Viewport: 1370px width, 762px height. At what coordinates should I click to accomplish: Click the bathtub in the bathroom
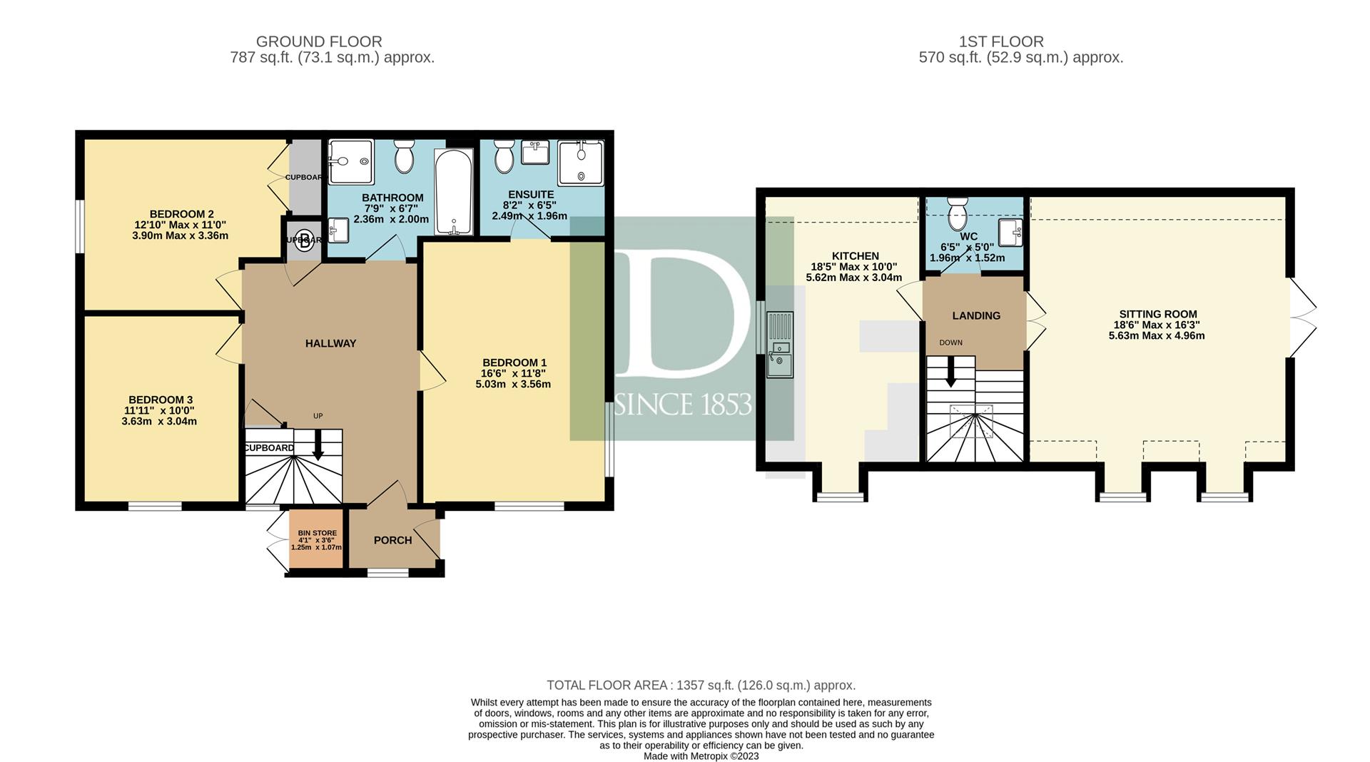453,191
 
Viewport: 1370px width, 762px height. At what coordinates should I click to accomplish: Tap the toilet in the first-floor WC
957,212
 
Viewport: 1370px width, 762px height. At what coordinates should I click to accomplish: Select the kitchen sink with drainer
780,345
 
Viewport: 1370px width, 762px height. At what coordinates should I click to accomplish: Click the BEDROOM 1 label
514,362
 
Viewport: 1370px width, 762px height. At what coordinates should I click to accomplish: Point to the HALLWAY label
330,343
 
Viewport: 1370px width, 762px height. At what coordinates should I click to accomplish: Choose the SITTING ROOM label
1157,314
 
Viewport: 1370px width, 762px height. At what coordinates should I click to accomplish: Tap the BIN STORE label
318,533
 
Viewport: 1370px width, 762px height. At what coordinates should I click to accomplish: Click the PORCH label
392,540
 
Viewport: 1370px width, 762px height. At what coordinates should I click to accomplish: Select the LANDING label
976,315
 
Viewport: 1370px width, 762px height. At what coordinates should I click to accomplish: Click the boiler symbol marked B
305,240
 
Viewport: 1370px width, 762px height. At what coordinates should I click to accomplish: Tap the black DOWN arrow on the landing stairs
950,371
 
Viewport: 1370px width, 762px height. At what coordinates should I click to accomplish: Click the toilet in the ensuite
504,155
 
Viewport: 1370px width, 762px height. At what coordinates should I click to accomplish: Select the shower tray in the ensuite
581,163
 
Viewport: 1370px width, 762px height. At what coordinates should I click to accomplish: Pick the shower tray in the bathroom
350,161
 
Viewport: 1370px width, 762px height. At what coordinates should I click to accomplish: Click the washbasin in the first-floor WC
1010,233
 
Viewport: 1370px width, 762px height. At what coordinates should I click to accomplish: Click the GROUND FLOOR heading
319,42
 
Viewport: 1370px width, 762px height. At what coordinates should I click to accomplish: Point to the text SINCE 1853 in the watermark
682,405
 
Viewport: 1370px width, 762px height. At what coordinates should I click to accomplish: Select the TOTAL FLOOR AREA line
701,686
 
